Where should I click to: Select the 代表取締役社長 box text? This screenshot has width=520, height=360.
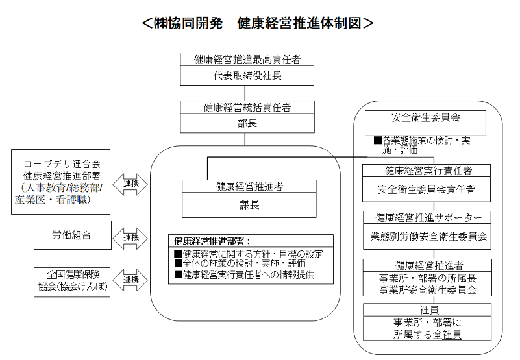click(x=247, y=75)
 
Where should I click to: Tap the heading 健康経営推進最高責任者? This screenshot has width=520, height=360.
click(x=247, y=59)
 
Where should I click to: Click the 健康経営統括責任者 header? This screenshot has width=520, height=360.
click(x=247, y=108)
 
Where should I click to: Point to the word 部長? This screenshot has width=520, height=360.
click(x=247, y=123)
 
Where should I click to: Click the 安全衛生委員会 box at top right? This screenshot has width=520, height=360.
click(x=425, y=119)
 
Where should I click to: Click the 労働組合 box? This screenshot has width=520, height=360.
click(x=72, y=235)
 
